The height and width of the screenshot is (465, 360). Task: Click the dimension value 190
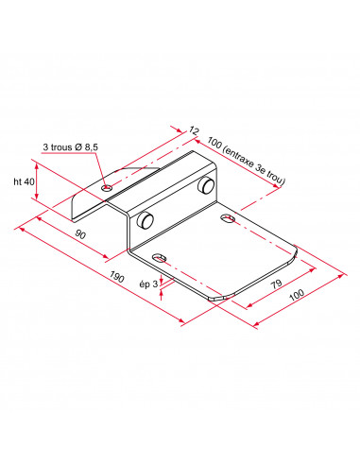click(117, 277)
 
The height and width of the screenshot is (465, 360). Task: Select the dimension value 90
click(80, 234)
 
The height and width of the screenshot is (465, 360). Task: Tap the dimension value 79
click(276, 284)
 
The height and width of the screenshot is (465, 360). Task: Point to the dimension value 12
click(195, 130)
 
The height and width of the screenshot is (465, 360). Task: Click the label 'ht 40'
click(24, 181)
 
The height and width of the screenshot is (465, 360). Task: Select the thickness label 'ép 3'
click(148, 284)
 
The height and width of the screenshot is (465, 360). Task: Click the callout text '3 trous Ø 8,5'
click(71, 147)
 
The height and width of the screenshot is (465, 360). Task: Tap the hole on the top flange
click(107, 188)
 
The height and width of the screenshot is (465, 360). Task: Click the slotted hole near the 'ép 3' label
click(159, 258)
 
